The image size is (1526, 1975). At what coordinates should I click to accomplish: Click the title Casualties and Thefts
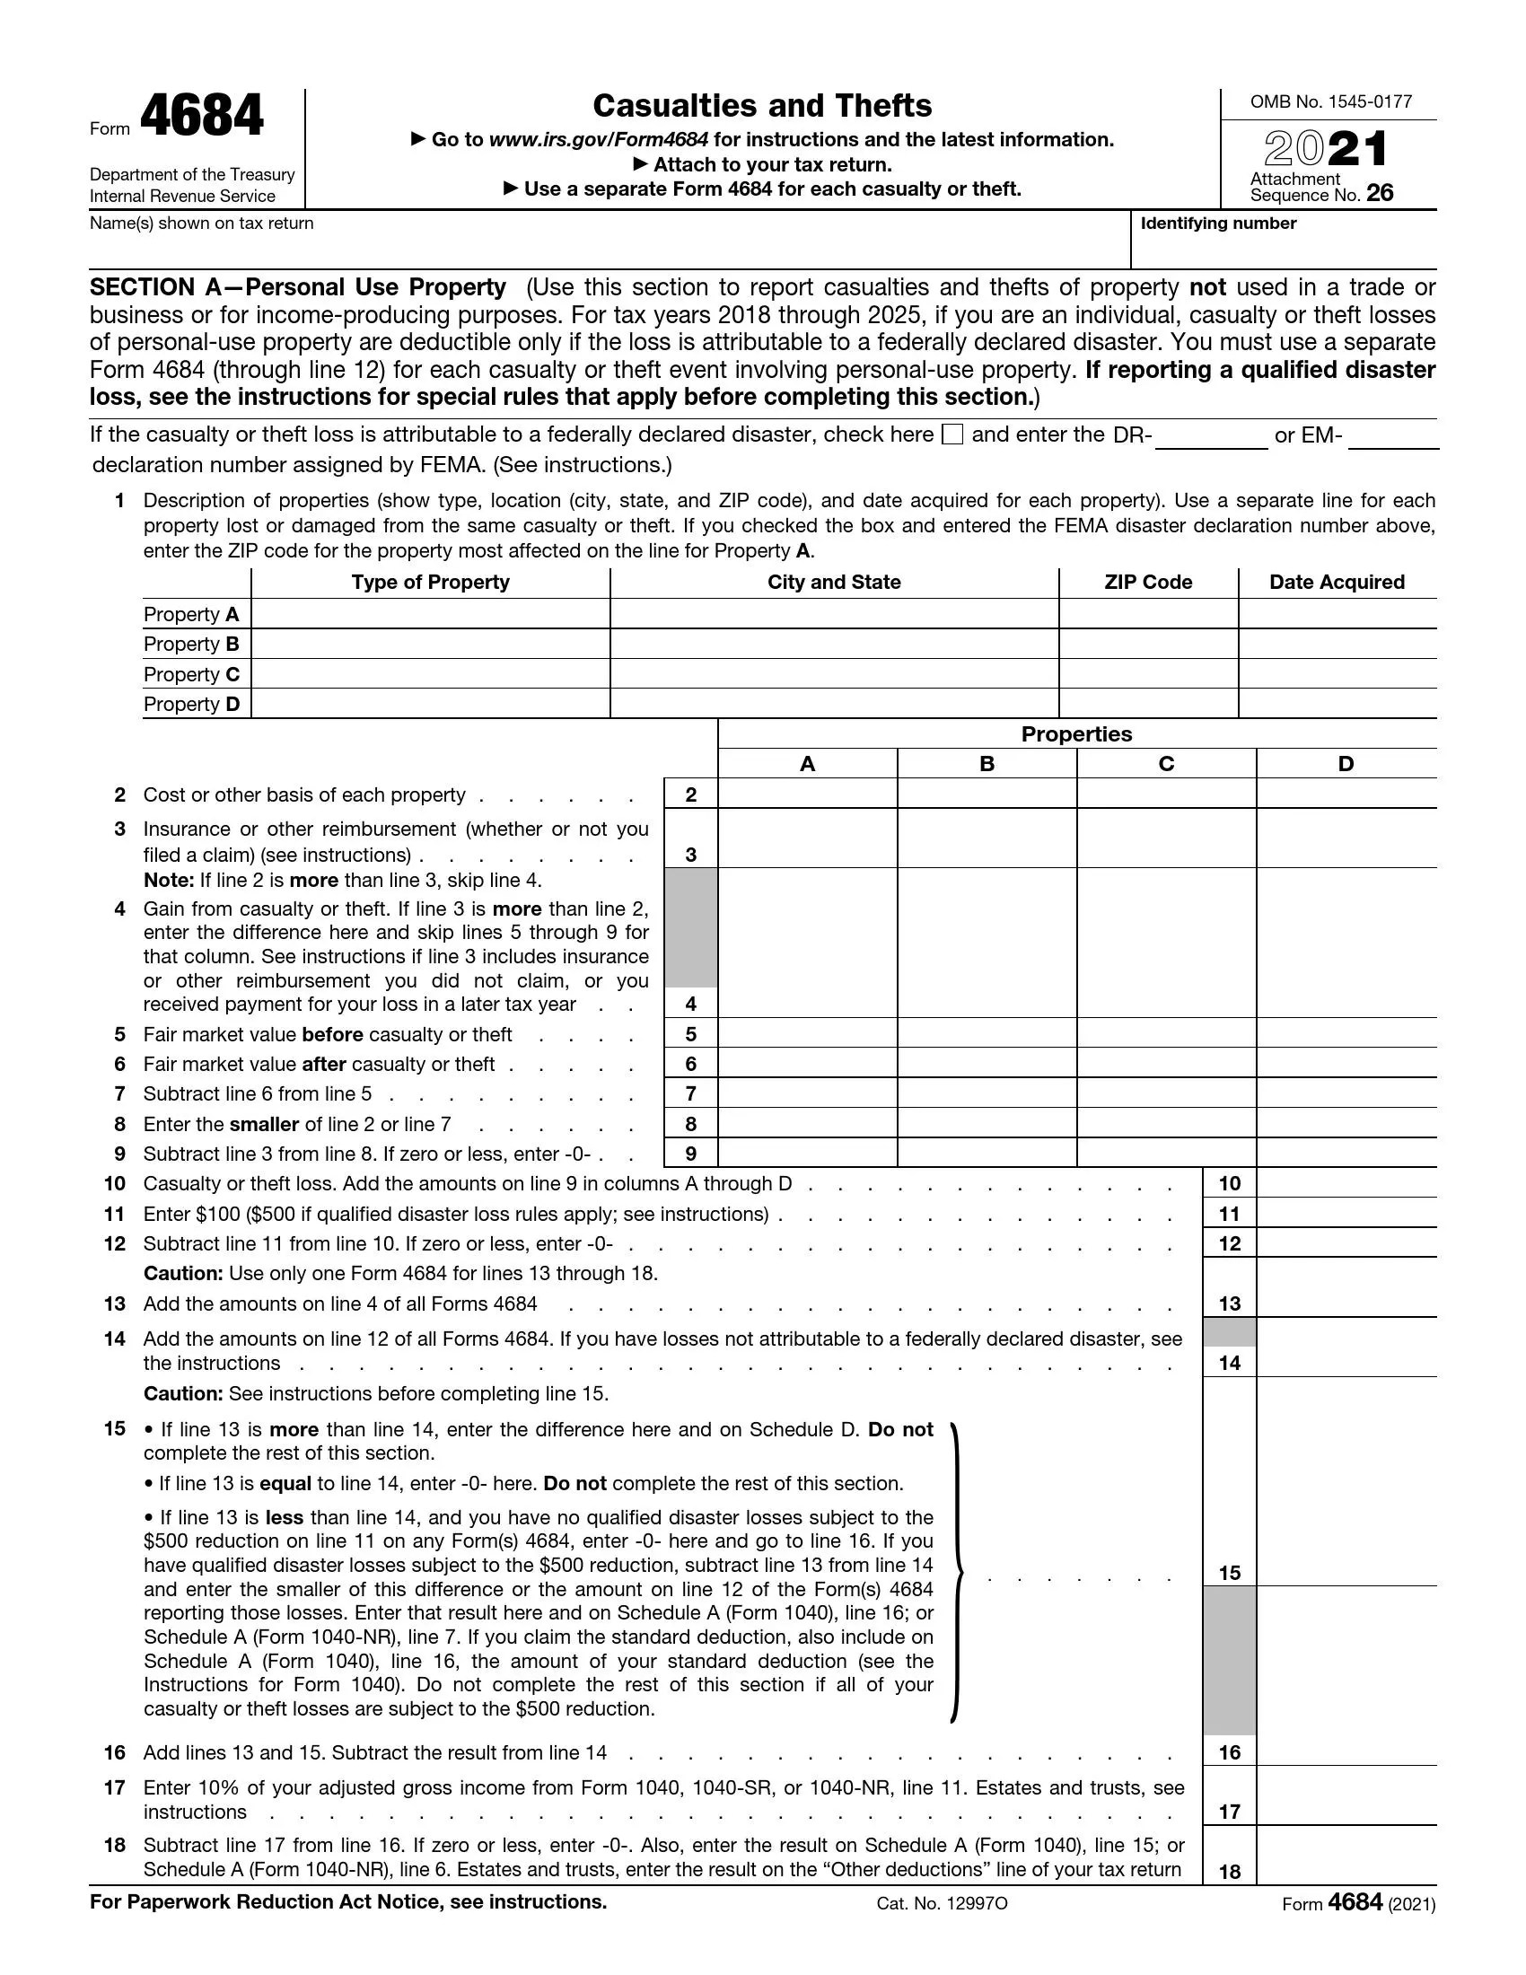(x=762, y=106)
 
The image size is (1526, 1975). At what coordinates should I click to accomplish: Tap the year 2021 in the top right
(x=1325, y=149)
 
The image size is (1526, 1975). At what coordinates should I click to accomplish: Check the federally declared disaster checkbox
(x=952, y=435)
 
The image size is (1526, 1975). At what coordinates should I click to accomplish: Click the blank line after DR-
(x=1211, y=438)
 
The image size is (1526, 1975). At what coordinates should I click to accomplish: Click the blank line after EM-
(x=1393, y=438)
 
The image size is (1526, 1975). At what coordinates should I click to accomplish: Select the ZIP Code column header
(x=1147, y=583)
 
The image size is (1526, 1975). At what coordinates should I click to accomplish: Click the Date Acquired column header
(x=1337, y=583)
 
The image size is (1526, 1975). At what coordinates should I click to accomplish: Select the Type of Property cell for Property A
(x=430, y=614)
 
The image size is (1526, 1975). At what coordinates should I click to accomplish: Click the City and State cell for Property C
(x=834, y=673)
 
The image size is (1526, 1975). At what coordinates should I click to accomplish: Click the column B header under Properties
(x=987, y=764)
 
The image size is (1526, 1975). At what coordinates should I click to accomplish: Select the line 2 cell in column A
(x=807, y=794)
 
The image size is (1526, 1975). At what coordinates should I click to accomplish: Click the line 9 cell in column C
(x=1166, y=1153)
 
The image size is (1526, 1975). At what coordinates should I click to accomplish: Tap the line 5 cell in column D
(x=1346, y=1033)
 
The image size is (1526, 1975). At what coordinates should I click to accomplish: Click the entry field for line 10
(x=1346, y=1183)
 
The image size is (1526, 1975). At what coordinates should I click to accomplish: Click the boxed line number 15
(x=1229, y=1573)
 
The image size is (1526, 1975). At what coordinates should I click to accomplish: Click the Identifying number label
(x=1218, y=224)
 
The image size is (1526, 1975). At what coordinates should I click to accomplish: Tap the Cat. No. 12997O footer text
(x=941, y=1903)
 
